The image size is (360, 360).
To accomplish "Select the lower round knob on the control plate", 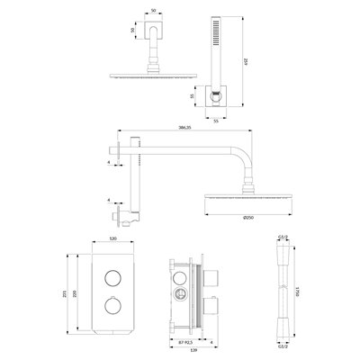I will (x=114, y=306).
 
